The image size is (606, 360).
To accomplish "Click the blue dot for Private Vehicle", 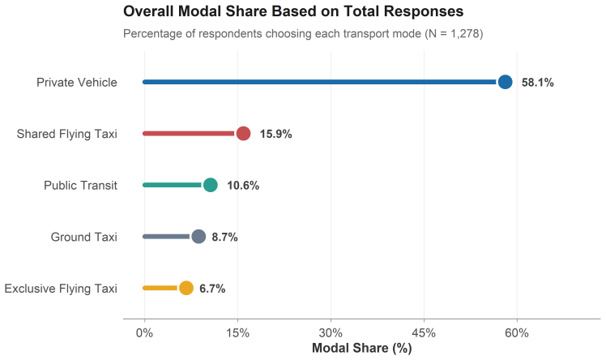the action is click(505, 82).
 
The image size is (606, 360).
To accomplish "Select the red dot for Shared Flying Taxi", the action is click(243, 134).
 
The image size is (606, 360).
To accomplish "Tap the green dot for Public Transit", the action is click(211, 185).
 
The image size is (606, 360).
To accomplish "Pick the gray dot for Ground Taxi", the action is click(198, 236).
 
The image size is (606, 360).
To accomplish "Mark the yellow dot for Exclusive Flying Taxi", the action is click(186, 288).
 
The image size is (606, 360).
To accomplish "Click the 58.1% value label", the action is click(538, 83).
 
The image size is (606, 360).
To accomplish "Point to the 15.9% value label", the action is click(275, 134).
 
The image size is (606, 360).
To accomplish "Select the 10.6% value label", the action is click(243, 186).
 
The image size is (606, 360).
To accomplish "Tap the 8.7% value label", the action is click(224, 237).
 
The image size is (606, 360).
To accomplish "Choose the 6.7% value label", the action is click(212, 289).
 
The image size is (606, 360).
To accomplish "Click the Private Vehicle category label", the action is click(76, 83).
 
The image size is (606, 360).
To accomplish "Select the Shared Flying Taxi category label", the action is click(66, 134).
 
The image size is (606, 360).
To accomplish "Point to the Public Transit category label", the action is click(80, 186).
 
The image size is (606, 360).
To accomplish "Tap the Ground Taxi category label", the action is click(84, 237).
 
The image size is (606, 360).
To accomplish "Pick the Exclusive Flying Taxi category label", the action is click(61, 289).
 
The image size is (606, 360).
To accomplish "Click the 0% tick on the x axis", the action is click(144, 333).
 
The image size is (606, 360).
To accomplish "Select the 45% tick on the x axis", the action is click(424, 333).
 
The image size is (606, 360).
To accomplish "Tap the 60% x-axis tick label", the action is click(517, 333).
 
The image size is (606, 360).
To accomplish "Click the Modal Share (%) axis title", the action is click(362, 349).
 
